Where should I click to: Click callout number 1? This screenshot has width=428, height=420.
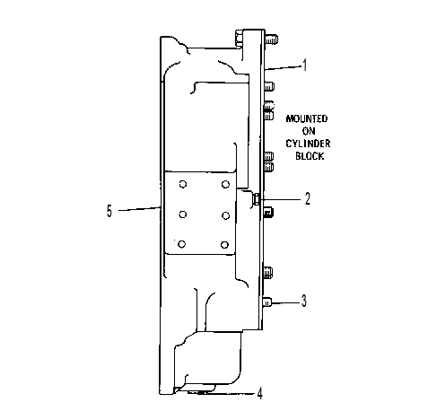(x=304, y=66)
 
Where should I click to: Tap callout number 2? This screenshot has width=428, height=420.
(x=308, y=198)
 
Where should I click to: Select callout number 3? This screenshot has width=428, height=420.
(x=303, y=301)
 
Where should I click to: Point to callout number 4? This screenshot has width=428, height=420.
(x=260, y=393)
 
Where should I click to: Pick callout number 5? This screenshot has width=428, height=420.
(x=109, y=211)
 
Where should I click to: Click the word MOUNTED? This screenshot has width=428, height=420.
(x=307, y=118)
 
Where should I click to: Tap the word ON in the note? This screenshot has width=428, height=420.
(x=309, y=131)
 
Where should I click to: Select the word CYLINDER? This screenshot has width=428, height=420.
(x=308, y=144)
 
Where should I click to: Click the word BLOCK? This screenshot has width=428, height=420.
(x=310, y=156)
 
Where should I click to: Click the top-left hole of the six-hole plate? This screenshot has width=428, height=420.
(x=183, y=184)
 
